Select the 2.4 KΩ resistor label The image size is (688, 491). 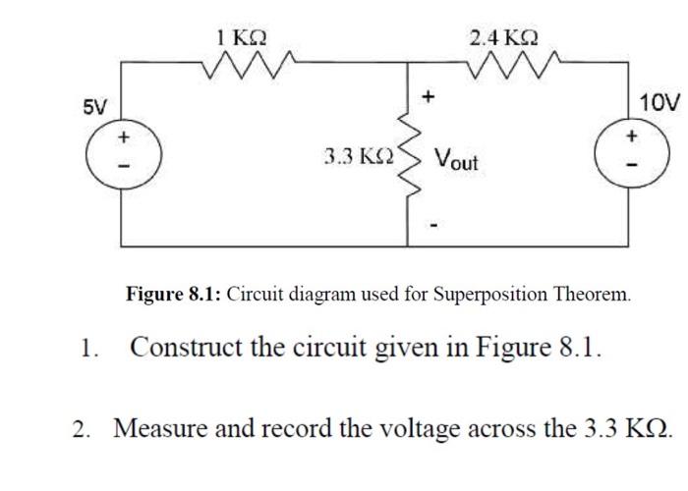[x=503, y=38]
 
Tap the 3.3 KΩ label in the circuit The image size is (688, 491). [x=359, y=156]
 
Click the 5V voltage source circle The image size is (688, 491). [x=122, y=155]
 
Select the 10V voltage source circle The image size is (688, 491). [x=630, y=155]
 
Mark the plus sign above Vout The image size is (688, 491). [x=428, y=97]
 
